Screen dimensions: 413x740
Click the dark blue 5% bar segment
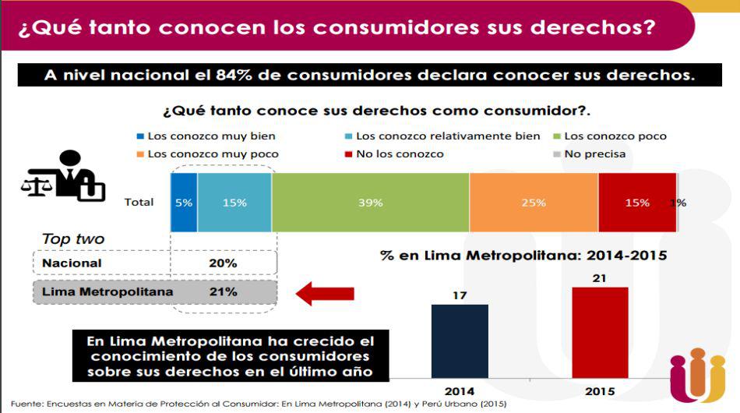click(184, 203)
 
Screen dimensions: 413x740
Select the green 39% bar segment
click(370, 203)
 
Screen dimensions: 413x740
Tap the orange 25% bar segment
click(534, 203)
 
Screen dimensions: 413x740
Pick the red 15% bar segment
click(636, 203)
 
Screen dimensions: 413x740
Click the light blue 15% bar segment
click(234, 203)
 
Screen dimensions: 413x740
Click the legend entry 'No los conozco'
click(393, 154)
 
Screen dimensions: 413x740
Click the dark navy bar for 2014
click(460, 341)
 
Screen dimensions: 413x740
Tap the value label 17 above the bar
click(460, 295)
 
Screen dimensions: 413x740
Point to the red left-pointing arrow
click(325, 294)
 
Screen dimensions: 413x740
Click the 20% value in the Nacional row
click(223, 263)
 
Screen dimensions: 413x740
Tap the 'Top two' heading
click(72, 239)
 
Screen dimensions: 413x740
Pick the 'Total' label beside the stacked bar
click(139, 203)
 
